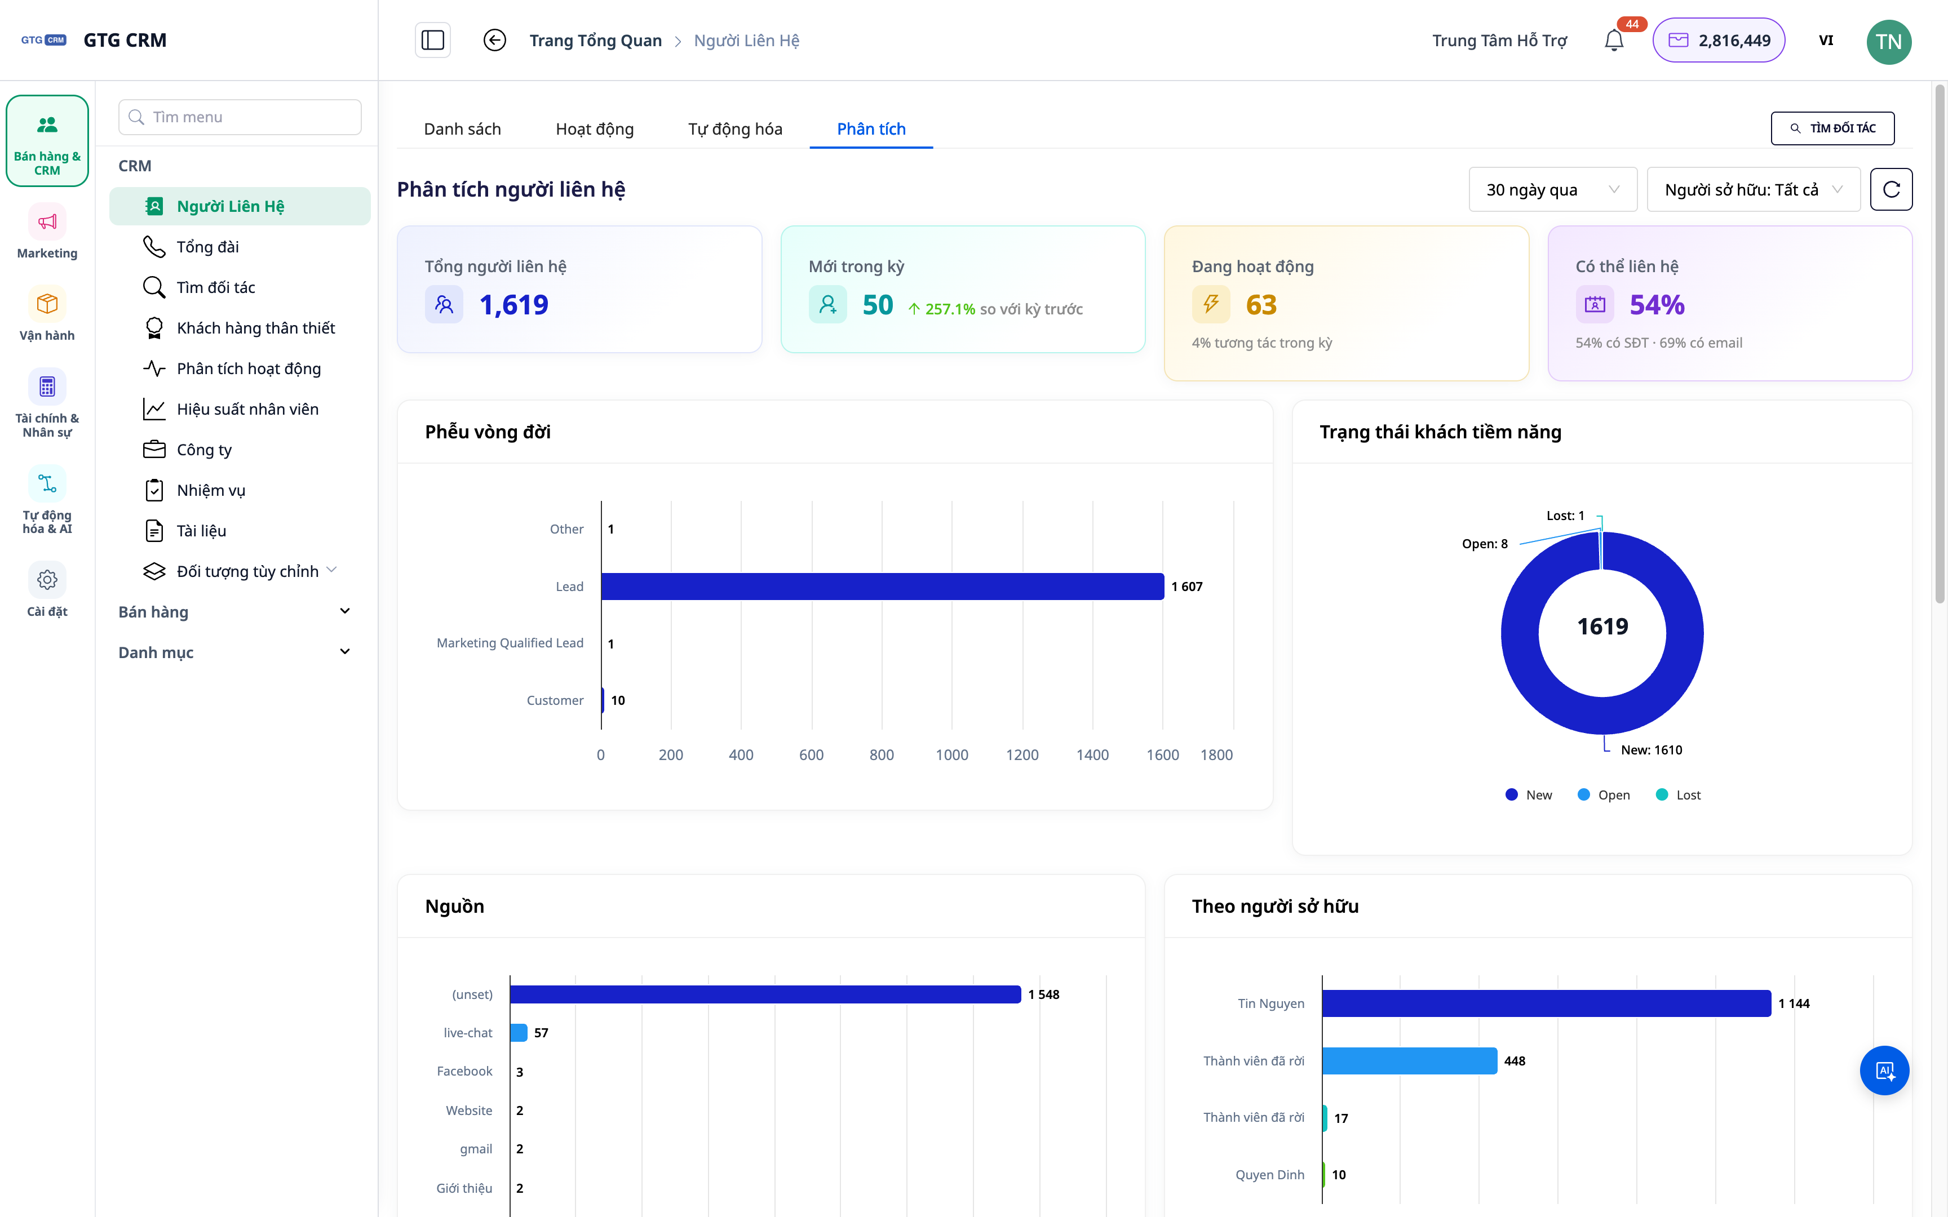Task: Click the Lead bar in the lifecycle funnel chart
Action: pyautogui.click(x=882, y=586)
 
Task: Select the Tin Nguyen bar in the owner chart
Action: pyautogui.click(x=1546, y=1003)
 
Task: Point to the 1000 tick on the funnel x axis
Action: pyautogui.click(x=951, y=754)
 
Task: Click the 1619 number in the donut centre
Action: pyautogui.click(x=1602, y=626)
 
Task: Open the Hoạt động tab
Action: pyautogui.click(x=594, y=129)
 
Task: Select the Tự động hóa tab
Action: pyautogui.click(x=735, y=129)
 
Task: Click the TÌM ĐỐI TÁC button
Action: pyautogui.click(x=1832, y=128)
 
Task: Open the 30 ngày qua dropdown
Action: pyautogui.click(x=1552, y=189)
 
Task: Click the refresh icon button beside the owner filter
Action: pyautogui.click(x=1891, y=189)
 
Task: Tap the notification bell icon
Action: pyautogui.click(x=1613, y=40)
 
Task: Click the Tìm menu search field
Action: pyautogui.click(x=240, y=117)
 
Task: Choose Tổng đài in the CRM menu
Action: pyautogui.click(x=207, y=246)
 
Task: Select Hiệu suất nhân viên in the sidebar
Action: pyautogui.click(x=247, y=409)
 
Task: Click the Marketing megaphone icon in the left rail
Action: pyautogui.click(x=47, y=222)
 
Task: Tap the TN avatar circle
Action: pyautogui.click(x=1888, y=41)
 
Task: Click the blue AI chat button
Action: pyautogui.click(x=1884, y=1071)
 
